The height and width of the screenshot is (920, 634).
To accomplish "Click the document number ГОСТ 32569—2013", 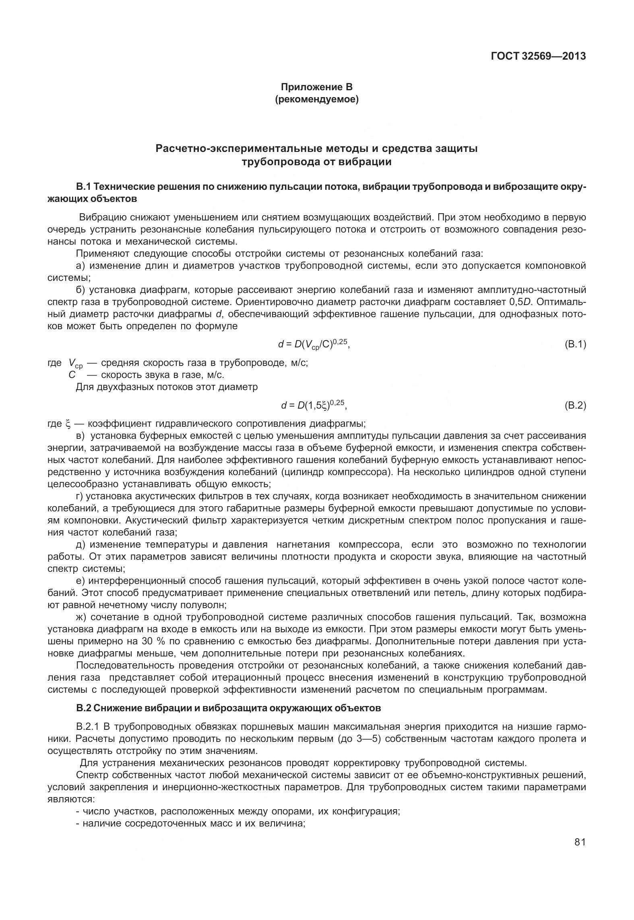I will [x=538, y=56].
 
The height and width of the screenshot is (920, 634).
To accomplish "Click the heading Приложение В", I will [x=316, y=87].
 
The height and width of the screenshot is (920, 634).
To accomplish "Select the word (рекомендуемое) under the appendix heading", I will [x=316, y=99].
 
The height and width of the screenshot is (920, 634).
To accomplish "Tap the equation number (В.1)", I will [x=575, y=344].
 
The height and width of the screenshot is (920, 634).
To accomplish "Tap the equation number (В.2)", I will [x=575, y=405].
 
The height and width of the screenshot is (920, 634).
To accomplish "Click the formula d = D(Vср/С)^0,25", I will [x=314, y=344].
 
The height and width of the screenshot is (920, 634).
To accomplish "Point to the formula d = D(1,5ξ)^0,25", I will [x=314, y=405].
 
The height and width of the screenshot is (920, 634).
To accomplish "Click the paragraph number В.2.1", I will [x=87, y=727].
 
